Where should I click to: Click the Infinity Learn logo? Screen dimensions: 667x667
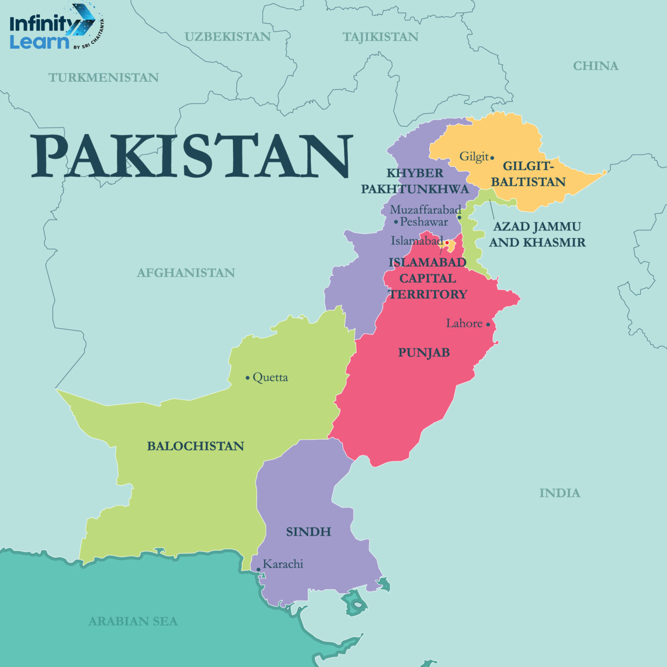[54, 27]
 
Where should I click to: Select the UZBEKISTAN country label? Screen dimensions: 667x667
[228, 37]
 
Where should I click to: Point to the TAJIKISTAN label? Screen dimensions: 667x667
[380, 37]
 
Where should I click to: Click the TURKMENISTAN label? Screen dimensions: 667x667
[103, 78]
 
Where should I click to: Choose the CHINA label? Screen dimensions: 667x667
[595, 66]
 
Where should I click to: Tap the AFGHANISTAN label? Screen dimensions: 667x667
[186, 273]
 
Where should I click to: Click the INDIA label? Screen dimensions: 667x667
[559, 493]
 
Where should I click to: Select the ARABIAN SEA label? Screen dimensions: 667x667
[133, 621]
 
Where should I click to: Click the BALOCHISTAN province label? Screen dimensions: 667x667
[195, 446]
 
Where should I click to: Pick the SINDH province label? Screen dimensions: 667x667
[308, 532]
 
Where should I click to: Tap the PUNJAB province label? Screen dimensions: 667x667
[424, 353]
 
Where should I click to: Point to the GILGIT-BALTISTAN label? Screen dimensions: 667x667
[528, 174]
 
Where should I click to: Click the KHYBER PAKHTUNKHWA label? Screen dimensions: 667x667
[415, 181]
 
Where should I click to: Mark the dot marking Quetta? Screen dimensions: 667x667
[248, 378]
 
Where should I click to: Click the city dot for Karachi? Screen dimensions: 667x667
[258, 569]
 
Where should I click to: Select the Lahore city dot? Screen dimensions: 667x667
[488, 324]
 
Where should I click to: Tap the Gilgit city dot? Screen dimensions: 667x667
[492, 158]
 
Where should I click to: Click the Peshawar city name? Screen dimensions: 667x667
[424, 222]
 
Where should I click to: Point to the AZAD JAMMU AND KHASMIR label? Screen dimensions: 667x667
[537, 234]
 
